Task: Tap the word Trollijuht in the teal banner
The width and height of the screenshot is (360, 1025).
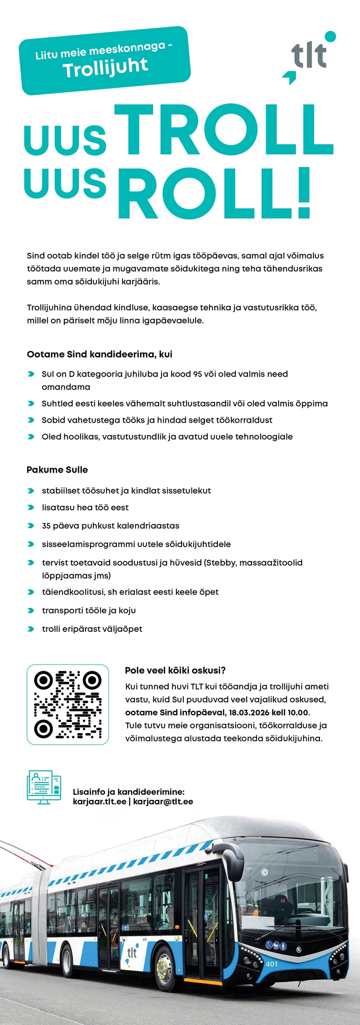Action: [105, 68]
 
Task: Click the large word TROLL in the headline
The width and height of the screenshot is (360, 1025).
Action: [223, 131]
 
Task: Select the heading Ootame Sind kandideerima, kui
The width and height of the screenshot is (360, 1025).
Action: [99, 354]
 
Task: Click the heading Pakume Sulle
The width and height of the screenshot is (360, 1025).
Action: [57, 470]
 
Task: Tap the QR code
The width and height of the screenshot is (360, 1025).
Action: [68, 704]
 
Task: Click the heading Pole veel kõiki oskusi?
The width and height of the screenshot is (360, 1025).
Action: [175, 670]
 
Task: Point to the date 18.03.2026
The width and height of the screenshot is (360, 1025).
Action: [249, 712]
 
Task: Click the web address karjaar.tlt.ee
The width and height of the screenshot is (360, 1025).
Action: [99, 802]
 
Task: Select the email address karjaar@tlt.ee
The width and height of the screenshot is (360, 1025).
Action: [163, 802]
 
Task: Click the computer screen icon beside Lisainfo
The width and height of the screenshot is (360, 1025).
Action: [44, 787]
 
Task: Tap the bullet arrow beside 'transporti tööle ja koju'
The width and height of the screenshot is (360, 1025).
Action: [31, 610]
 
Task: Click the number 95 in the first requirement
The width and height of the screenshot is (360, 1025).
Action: [198, 374]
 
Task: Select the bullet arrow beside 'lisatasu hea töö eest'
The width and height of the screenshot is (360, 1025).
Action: [31, 507]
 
